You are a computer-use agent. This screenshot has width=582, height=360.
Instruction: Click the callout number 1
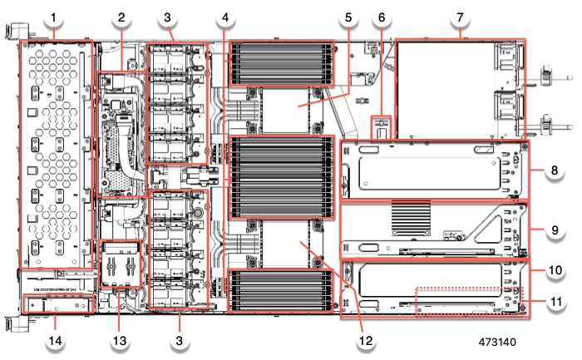54,17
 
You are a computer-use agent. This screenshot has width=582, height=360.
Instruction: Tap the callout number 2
121,17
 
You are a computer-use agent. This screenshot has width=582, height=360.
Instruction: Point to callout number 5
348,17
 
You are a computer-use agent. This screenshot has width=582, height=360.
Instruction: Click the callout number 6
382,17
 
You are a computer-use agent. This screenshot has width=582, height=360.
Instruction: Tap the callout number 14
54,342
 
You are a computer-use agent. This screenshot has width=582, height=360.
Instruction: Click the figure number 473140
501,341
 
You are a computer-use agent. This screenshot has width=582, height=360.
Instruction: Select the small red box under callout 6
381,130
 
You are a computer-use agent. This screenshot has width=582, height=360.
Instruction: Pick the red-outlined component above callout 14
56,305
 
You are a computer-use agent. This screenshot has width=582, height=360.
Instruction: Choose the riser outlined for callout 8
435,170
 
